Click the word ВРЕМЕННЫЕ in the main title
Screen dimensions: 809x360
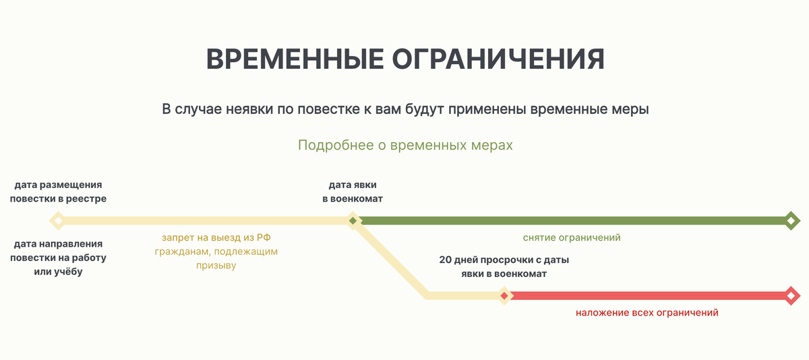click(x=295, y=59)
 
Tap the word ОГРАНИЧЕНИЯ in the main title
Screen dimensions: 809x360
click(x=498, y=59)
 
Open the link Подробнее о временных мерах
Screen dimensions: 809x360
click(x=405, y=145)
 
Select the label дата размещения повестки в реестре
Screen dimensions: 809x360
click(x=58, y=191)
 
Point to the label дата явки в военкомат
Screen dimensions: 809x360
click(x=353, y=191)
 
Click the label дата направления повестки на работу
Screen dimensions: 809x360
click(x=58, y=258)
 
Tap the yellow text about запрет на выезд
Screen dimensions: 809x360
click(x=216, y=251)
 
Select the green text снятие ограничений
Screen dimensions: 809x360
click(x=572, y=237)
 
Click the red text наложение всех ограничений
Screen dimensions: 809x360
click(x=647, y=313)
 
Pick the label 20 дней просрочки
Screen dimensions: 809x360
click(x=504, y=267)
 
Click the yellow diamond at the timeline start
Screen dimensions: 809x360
click(x=58, y=220)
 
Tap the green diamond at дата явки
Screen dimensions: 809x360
click(x=353, y=220)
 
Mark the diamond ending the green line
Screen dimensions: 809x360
click(x=791, y=220)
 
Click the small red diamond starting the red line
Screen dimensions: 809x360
click(x=504, y=296)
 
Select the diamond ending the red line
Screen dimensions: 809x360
click(x=791, y=296)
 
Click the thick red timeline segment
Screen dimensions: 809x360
click(x=649, y=296)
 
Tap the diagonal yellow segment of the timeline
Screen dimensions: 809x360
click(x=391, y=258)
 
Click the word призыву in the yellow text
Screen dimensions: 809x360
click(x=216, y=266)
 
